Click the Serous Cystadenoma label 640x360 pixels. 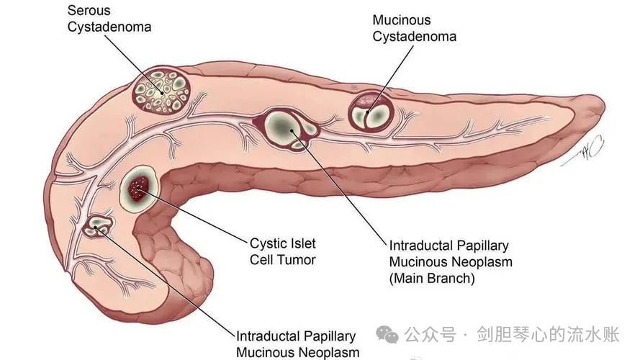(x=109, y=19)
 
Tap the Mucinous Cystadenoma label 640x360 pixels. (x=414, y=28)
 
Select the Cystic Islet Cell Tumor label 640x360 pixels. (x=282, y=251)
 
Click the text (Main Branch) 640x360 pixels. (x=432, y=279)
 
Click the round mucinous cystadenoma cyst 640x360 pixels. (x=371, y=112)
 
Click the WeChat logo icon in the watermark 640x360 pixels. (x=387, y=334)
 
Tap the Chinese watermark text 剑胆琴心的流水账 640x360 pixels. (x=548, y=334)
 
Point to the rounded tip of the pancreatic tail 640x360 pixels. (x=599, y=107)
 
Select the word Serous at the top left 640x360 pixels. (x=89, y=11)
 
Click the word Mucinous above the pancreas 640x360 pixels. (x=401, y=20)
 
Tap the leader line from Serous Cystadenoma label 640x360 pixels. (x=133, y=64)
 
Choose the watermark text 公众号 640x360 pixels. (x=431, y=334)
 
